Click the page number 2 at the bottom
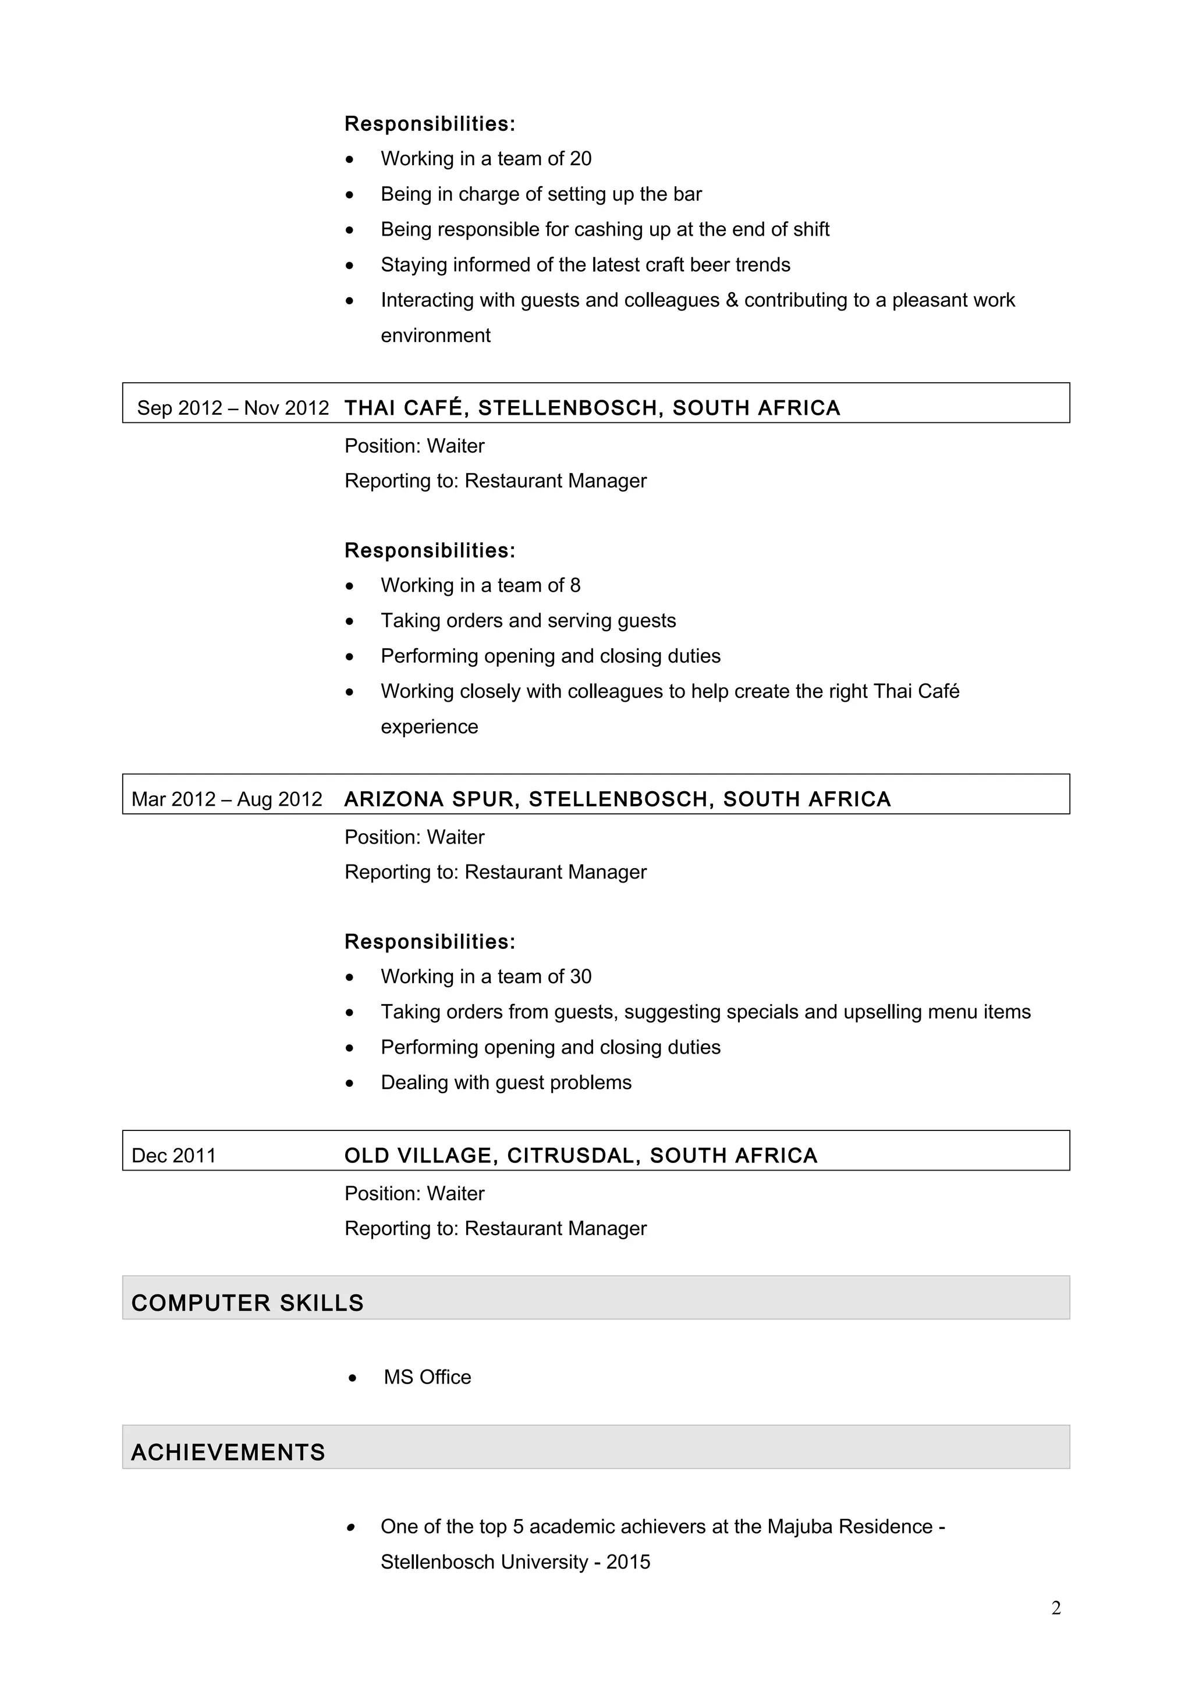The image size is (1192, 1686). pyautogui.click(x=1055, y=1608)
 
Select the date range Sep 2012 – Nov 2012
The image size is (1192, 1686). pyautogui.click(x=233, y=408)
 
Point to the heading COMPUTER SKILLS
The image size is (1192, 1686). pyautogui.click(x=247, y=1303)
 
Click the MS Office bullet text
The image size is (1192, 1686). pyautogui.click(x=427, y=1377)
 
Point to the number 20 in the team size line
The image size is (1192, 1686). pyautogui.click(x=580, y=159)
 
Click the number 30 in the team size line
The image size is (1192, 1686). pyautogui.click(x=580, y=977)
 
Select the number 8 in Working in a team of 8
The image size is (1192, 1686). pyautogui.click(x=575, y=585)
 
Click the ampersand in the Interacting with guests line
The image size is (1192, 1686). pyautogui.click(x=732, y=300)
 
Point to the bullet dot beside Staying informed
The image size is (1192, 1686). pyautogui.click(x=350, y=265)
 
